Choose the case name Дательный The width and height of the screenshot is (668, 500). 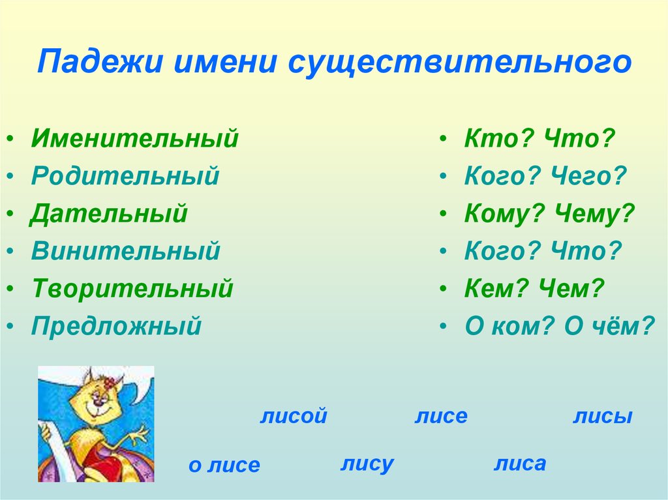pyautogui.click(x=109, y=214)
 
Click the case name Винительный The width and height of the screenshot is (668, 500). pyautogui.click(x=126, y=251)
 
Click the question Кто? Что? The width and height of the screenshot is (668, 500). pyautogui.click(x=539, y=139)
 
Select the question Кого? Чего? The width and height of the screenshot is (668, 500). pyautogui.click(x=545, y=176)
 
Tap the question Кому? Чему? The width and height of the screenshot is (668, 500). pyautogui.click(x=549, y=214)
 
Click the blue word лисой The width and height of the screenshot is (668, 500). pyautogui.click(x=293, y=417)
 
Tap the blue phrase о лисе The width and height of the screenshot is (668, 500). pyautogui.click(x=224, y=465)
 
